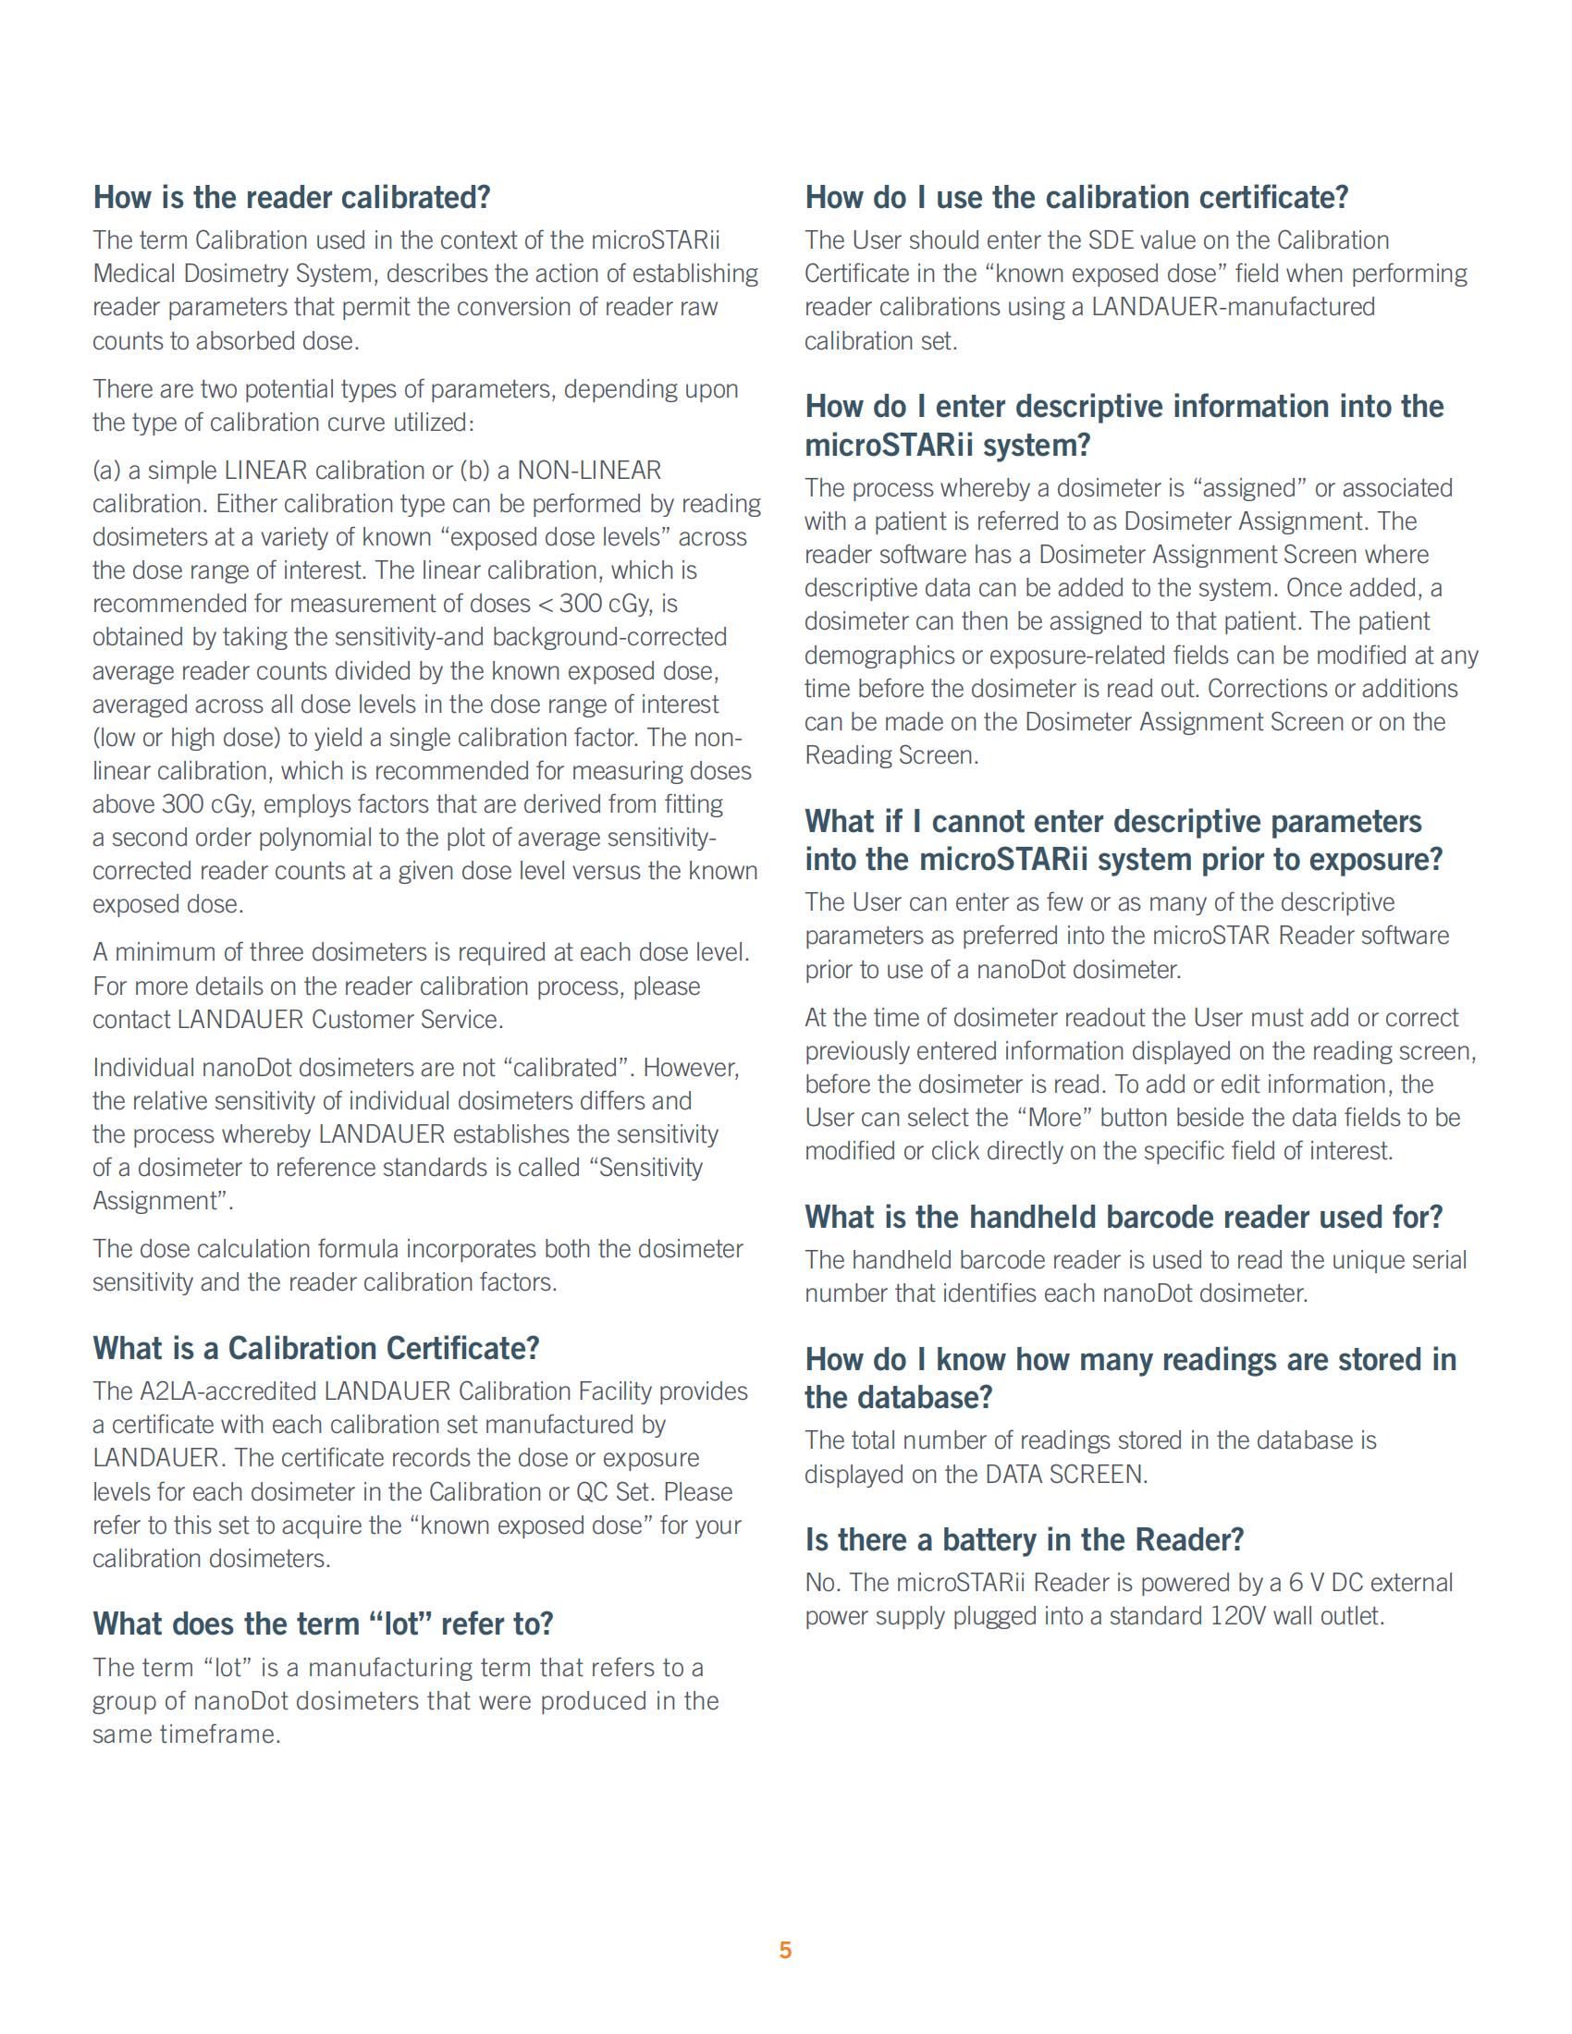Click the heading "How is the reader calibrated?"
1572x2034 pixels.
point(291,199)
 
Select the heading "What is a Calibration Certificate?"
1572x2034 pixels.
point(315,1349)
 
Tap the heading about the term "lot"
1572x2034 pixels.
point(322,1624)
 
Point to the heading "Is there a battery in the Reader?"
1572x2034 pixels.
point(1025,1540)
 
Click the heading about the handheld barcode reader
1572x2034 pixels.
point(1124,1218)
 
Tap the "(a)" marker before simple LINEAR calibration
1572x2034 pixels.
point(107,471)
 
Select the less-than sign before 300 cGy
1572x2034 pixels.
point(546,605)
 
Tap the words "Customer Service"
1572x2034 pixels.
point(407,1020)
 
